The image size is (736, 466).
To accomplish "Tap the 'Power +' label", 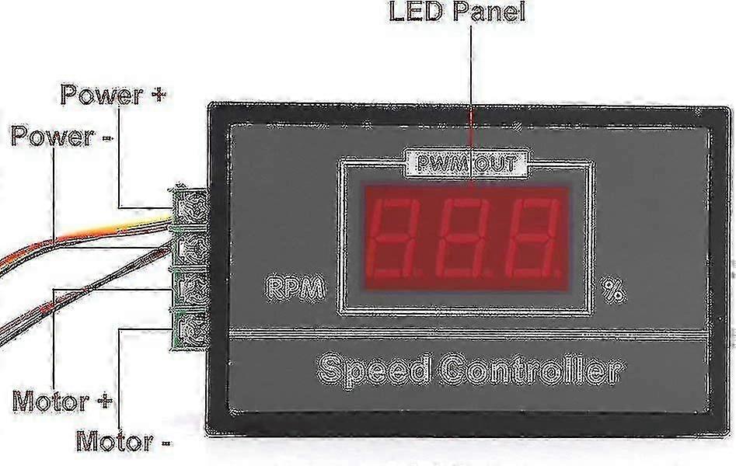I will [x=113, y=96].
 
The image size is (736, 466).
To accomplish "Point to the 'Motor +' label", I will [x=62, y=402].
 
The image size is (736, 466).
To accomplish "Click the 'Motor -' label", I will [x=124, y=441].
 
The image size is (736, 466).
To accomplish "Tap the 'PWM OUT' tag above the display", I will [x=467, y=164].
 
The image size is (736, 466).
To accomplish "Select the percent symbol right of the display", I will [x=613, y=290].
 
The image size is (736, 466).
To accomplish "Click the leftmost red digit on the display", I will [x=396, y=237].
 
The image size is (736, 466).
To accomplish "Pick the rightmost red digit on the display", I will [x=532, y=237].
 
